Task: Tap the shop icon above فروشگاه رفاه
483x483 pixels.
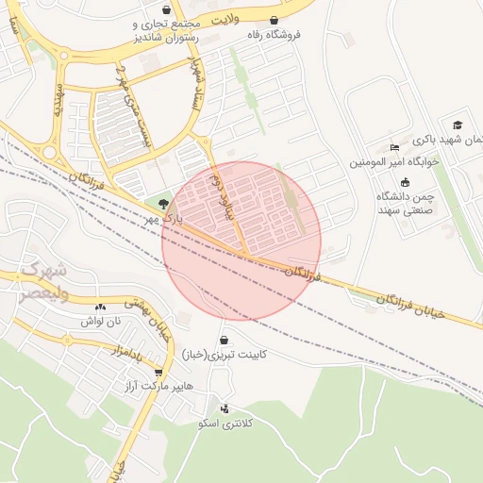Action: tap(274, 20)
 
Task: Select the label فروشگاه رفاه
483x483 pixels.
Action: tap(274, 35)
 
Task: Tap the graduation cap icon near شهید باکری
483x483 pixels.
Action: tap(458, 125)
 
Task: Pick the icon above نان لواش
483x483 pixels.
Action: tap(100, 306)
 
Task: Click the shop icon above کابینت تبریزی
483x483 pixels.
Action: tap(224, 340)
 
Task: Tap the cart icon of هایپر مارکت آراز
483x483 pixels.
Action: tap(158, 373)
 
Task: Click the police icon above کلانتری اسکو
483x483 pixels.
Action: tap(225, 408)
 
